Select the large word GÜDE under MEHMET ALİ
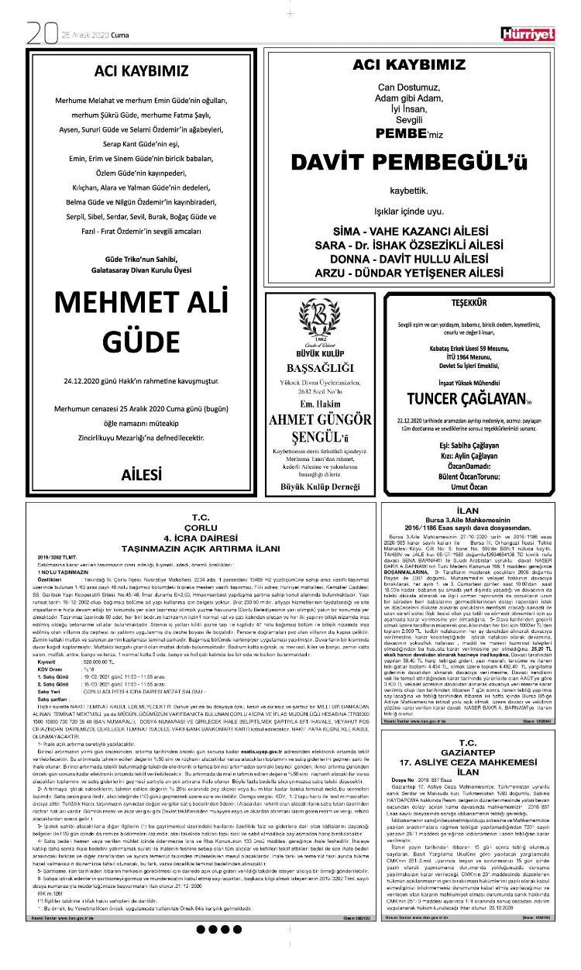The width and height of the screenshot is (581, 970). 141,342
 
